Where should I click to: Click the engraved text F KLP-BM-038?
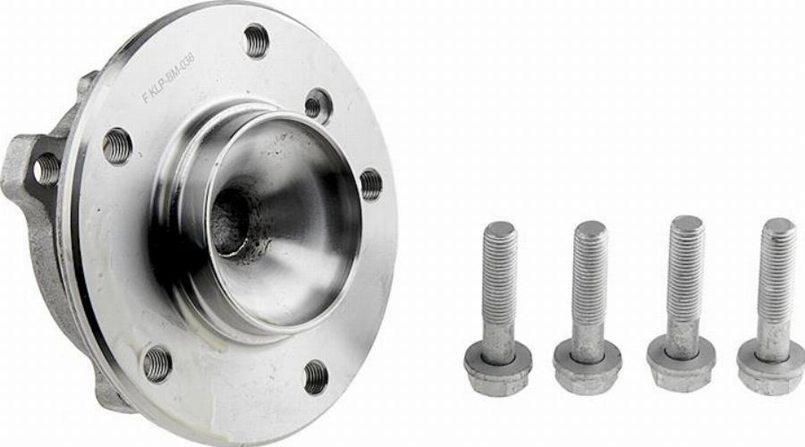coord(170,79)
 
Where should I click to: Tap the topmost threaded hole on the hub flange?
coord(256,40)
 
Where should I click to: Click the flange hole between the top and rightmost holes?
coord(318,105)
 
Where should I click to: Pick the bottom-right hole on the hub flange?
coord(316,376)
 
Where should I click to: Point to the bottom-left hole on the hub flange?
coord(157,363)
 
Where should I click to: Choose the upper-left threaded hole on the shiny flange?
coord(117,145)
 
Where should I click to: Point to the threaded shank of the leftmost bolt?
coord(500,277)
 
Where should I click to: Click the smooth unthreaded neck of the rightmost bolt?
coord(773,335)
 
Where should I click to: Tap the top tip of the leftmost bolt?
coord(500,229)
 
